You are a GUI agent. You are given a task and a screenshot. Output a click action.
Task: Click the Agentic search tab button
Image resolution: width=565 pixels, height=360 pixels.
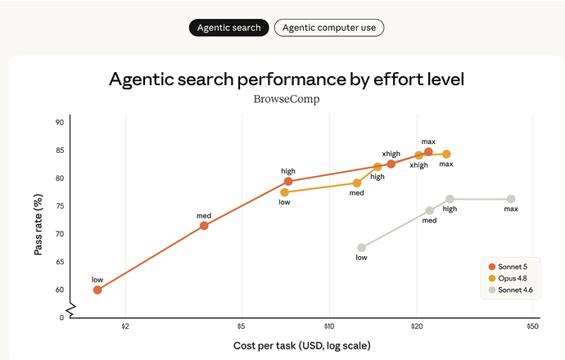pyautogui.click(x=228, y=28)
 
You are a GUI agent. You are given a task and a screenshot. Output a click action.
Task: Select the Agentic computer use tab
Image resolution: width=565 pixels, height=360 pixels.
pyautogui.click(x=329, y=28)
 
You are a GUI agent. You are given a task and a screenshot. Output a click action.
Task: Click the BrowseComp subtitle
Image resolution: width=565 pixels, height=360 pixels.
pyautogui.click(x=287, y=99)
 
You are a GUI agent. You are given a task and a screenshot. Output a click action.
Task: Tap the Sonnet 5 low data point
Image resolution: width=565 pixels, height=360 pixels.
pyautogui.click(x=97, y=290)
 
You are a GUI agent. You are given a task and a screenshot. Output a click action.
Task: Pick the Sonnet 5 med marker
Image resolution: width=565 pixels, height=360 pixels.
pyautogui.click(x=204, y=226)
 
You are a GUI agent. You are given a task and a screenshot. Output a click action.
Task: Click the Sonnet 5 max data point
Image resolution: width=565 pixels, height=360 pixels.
pyautogui.click(x=428, y=152)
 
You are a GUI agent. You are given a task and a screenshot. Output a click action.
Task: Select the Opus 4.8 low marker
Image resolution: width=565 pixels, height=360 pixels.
pyautogui.click(x=285, y=192)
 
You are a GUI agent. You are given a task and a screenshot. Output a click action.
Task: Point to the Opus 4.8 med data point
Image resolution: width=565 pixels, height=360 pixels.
pyautogui.click(x=357, y=183)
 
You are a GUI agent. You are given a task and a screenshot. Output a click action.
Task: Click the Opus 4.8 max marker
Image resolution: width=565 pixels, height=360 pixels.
pyautogui.click(x=446, y=154)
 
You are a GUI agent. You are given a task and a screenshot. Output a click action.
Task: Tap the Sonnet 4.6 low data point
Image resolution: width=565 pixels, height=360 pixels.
pyautogui.click(x=361, y=248)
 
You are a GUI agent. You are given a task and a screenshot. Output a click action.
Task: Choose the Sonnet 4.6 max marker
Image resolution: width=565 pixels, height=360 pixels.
pyautogui.click(x=511, y=199)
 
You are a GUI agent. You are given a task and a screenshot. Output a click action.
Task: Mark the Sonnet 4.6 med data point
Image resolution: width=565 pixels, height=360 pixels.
pyautogui.click(x=430, y=210)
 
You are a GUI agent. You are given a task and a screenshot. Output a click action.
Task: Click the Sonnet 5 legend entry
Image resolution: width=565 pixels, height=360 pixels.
pyautogui.click(x=508, y=267)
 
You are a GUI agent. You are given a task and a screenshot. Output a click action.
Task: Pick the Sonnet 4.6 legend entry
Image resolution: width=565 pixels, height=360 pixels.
pyautogui.click(x=511, y=290)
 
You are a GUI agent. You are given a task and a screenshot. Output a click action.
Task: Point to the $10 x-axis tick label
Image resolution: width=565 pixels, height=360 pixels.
pyautogui.click(x=329, y=326)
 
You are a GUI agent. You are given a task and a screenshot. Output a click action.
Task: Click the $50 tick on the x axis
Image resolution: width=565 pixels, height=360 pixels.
pyautogui.click(x=532, y=326)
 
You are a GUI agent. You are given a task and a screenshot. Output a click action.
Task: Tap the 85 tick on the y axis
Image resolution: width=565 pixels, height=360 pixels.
pyautogui.click(x=60, y=150)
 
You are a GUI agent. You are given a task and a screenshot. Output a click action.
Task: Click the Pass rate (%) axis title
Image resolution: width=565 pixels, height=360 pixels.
pyautogui.click(x=38, y=225)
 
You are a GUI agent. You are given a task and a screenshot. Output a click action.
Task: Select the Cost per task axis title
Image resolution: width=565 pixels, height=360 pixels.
pyautogui.click(x=302, y=346)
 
